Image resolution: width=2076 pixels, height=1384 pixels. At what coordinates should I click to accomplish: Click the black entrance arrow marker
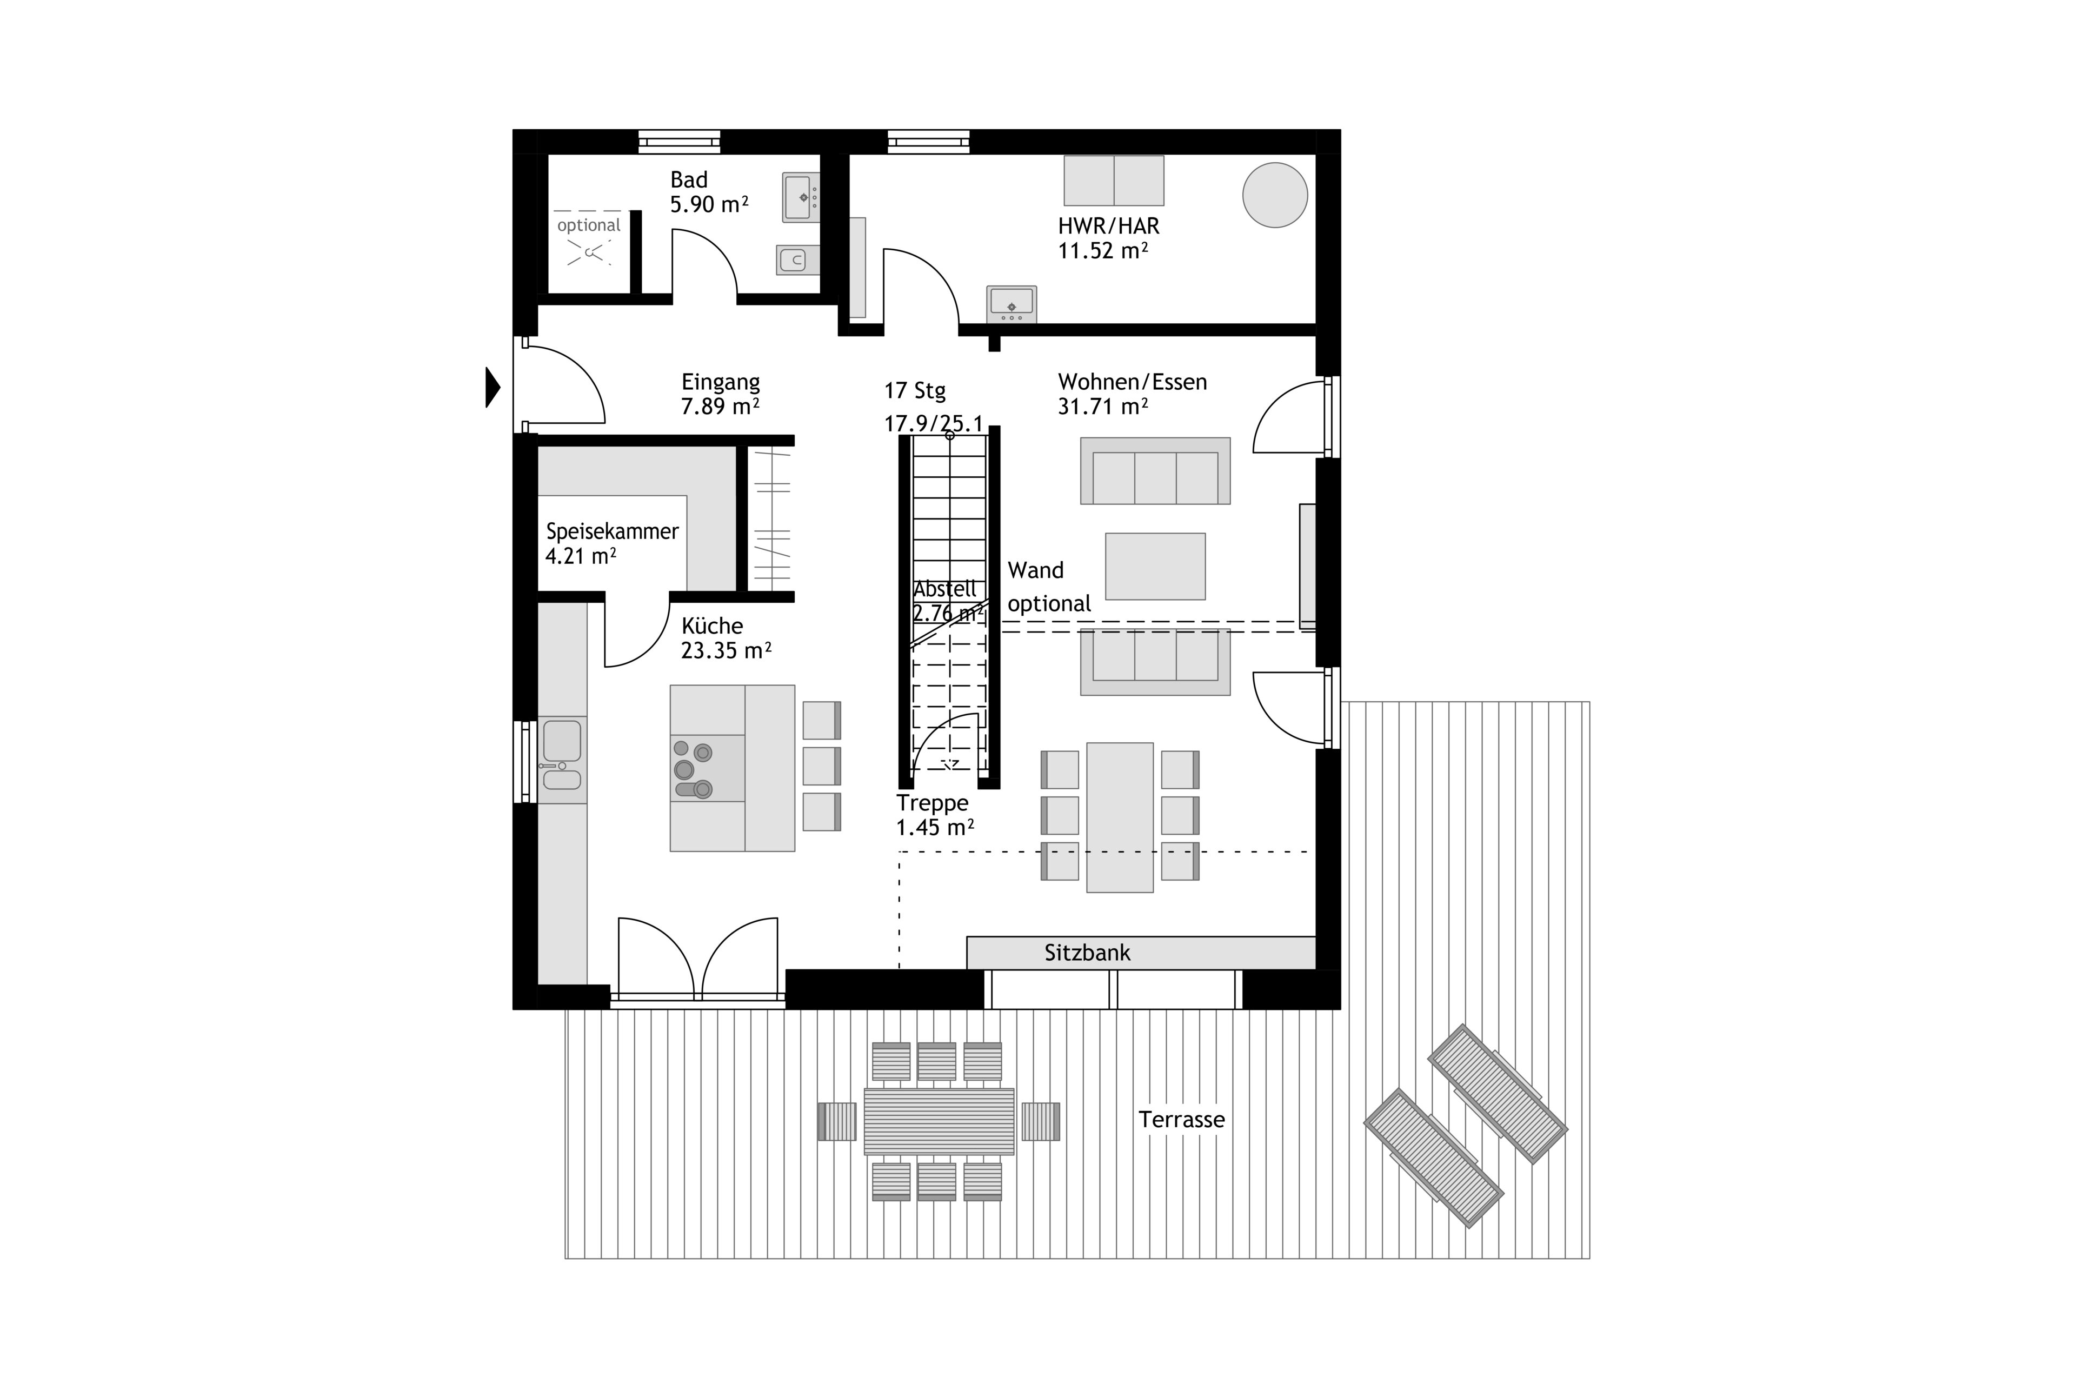[x=493, y=388]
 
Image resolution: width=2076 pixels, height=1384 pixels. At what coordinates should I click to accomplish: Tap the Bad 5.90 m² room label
[x=709, y=192]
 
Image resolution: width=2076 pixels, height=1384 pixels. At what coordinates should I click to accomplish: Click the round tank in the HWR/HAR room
[x=1275, y=195]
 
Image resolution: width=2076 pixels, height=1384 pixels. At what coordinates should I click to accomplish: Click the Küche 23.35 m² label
[x=726, y=638]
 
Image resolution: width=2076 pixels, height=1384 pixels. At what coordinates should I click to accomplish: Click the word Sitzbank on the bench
[x=1087, y=953]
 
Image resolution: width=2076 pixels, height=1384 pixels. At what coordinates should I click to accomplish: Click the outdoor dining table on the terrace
[x=939, y=1121]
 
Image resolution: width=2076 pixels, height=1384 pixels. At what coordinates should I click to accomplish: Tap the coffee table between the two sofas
[x=1155, y=567]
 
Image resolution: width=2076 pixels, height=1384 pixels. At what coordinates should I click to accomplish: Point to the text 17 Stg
[x=915, y=390]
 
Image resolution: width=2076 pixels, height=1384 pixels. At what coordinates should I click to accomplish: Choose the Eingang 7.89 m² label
[x=720, y=395]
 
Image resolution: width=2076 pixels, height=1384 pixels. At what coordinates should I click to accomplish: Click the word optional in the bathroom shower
[x=589, y=225]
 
